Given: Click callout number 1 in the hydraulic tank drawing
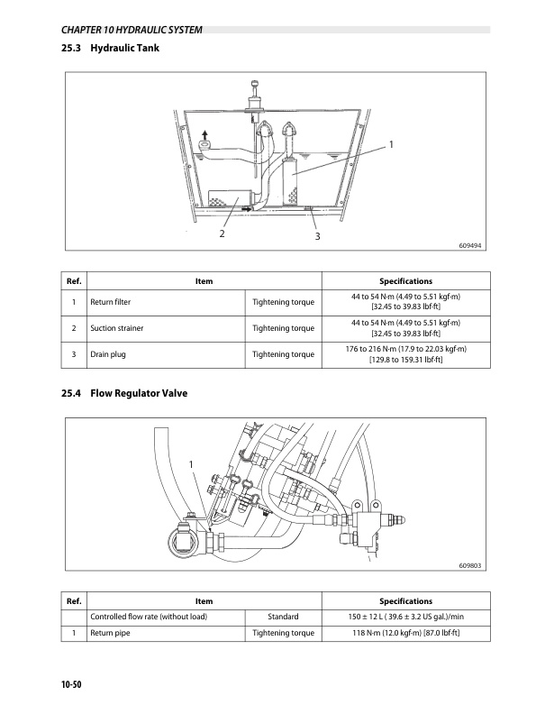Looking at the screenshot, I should coord(392,144).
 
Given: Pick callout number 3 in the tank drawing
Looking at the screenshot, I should coord(317,236).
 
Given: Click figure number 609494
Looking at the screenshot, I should coord(470,244).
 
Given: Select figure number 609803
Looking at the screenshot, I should coord(470,565).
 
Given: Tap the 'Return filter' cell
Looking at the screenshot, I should coord(110,302).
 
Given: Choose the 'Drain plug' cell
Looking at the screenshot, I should coord(106,354).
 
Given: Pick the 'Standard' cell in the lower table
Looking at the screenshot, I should coord(284,617).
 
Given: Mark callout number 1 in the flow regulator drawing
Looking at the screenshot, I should coord(191,463).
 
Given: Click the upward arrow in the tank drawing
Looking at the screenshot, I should coord(204,132).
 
